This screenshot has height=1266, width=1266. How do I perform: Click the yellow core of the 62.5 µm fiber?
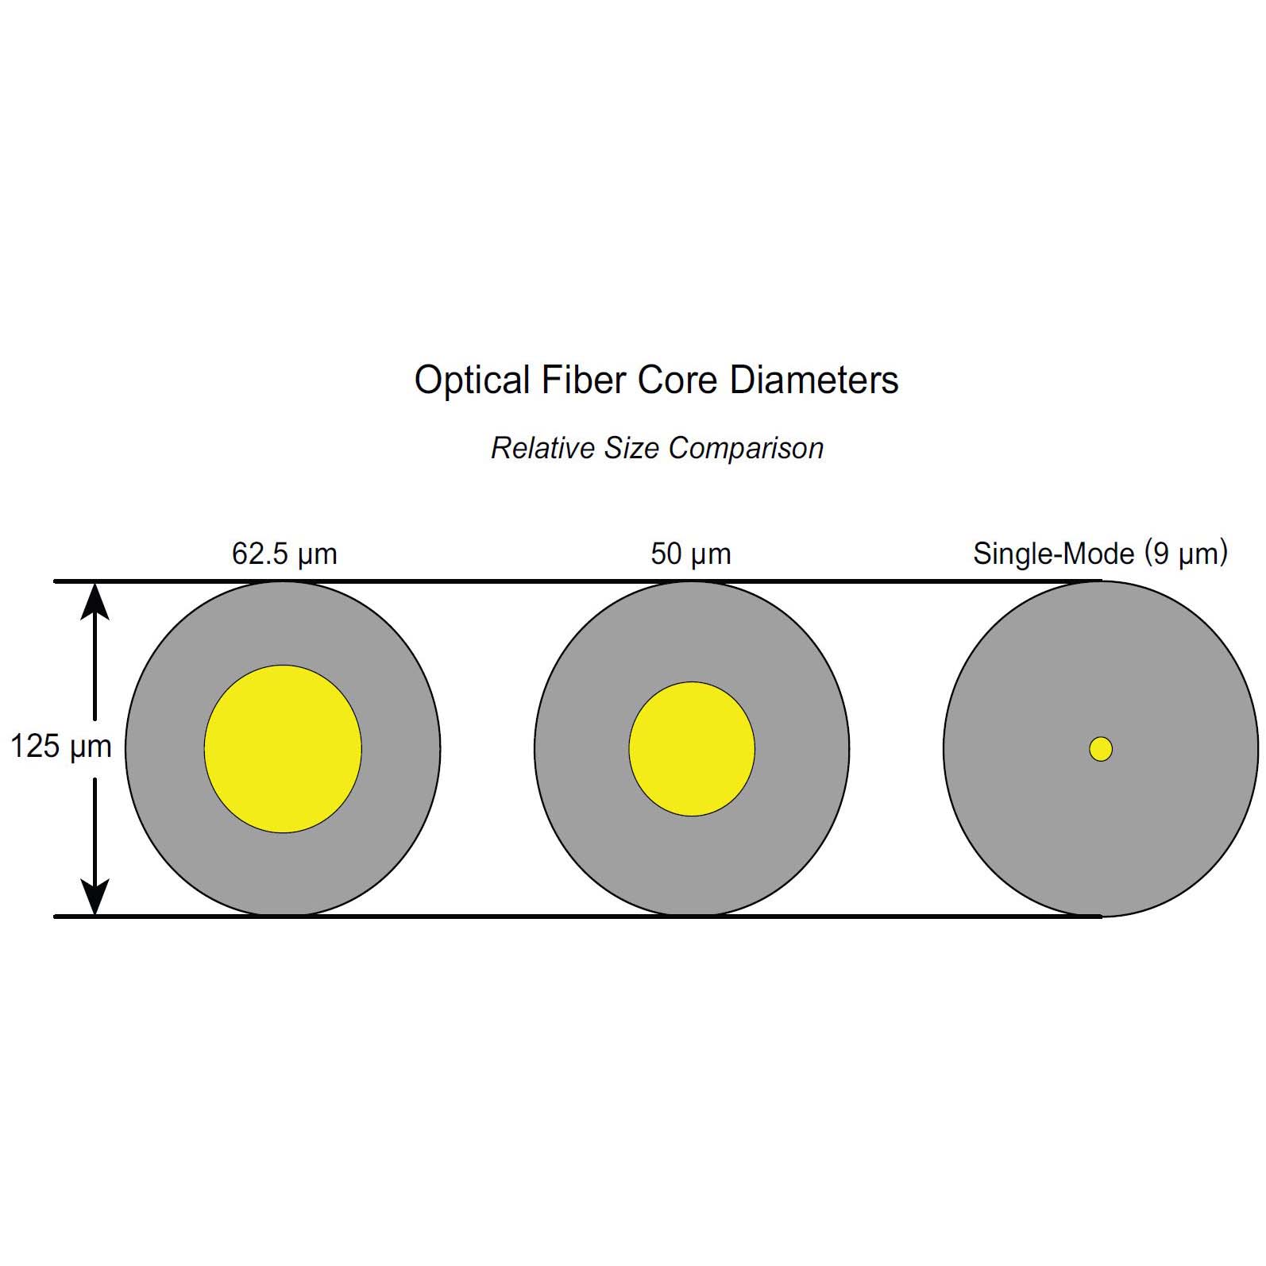click(283, 749)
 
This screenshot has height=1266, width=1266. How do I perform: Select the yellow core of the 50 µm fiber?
click(692, 749)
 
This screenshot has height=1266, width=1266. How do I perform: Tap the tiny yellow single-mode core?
click(1101, 749)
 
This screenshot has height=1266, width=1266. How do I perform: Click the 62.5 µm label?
click(284, 554)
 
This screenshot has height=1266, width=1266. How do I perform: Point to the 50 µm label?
click(691, 554)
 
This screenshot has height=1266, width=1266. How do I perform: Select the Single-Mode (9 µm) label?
click(1100, 554)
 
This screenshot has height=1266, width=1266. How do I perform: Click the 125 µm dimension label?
click(61, 747)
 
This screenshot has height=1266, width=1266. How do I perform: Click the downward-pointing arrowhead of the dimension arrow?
click(95, 897)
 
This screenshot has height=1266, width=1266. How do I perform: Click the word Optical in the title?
click(472, 380)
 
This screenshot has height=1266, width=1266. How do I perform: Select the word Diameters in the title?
click(814, 380)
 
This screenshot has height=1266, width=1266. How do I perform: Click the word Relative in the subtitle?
click(544, 448)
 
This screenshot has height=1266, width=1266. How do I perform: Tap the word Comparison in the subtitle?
click(746, 449)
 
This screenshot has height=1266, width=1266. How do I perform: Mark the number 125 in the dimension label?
click(35, 747)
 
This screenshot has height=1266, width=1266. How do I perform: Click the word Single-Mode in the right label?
click(1054, 554)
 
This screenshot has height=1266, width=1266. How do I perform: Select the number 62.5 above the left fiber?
click(260, 554)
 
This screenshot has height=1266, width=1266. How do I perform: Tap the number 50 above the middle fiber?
click(666, 554)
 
